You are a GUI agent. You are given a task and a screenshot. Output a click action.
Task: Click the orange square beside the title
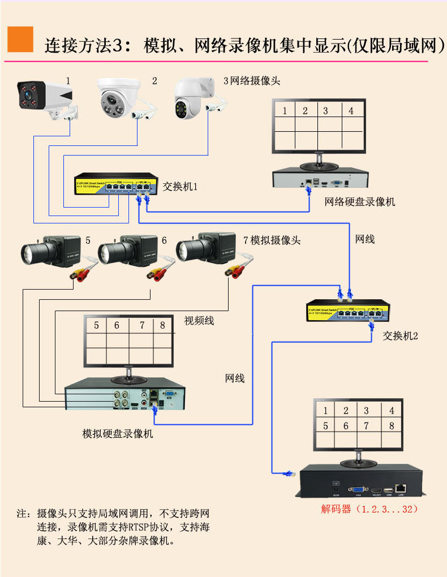point(20,40)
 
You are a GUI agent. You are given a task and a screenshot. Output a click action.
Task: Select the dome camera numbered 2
point(120,98)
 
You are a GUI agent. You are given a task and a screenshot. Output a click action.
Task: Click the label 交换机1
point(180,187)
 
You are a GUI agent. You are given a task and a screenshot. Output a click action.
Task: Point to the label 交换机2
point(400,335)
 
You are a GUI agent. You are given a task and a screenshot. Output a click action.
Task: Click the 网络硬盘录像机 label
point(360,202)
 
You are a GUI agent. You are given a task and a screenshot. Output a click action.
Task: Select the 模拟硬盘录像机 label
point(118,434)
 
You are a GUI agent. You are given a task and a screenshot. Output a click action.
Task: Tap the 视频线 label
point(199,321)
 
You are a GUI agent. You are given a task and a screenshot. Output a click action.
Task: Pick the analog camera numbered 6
point(126,252)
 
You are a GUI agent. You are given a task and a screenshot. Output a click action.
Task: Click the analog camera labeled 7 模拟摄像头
point(205,249)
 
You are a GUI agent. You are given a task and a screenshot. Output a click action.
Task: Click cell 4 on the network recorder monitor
point(351,111)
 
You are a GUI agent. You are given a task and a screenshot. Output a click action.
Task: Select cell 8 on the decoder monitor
point(392,426)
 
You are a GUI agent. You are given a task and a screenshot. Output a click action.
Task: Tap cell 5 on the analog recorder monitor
point(96,325)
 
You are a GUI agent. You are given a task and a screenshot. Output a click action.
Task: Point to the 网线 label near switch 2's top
point(365,239)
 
